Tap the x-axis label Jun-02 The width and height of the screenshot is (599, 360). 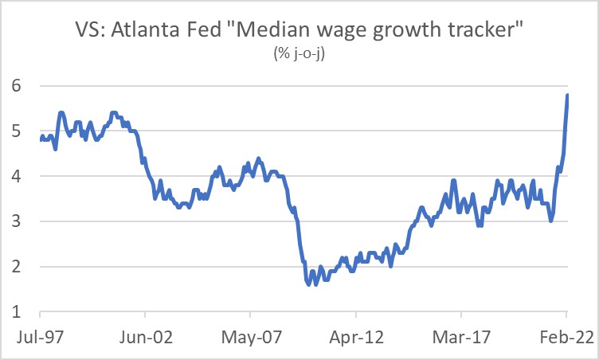(x=143, y=338)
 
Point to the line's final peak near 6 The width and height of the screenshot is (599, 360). (x=567, y=96)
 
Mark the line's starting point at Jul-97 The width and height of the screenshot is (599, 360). (x=41, y=140)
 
